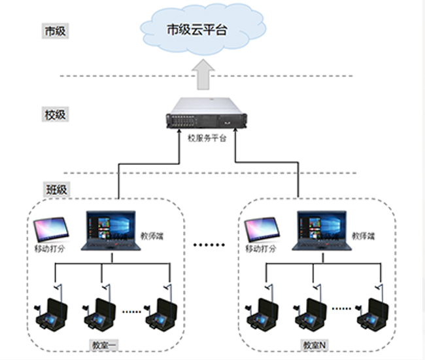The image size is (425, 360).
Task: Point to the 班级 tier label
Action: tap(56, 190)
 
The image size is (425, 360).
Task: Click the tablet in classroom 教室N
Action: tap(262, 229)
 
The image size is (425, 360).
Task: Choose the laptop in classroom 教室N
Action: tap(321, 230)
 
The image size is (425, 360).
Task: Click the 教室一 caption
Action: tap(105, 344)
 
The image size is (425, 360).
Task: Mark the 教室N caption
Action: tap(313, 344)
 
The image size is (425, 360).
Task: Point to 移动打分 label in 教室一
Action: tap(50, 249)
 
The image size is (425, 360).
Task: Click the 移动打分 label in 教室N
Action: tap(260, 249)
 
